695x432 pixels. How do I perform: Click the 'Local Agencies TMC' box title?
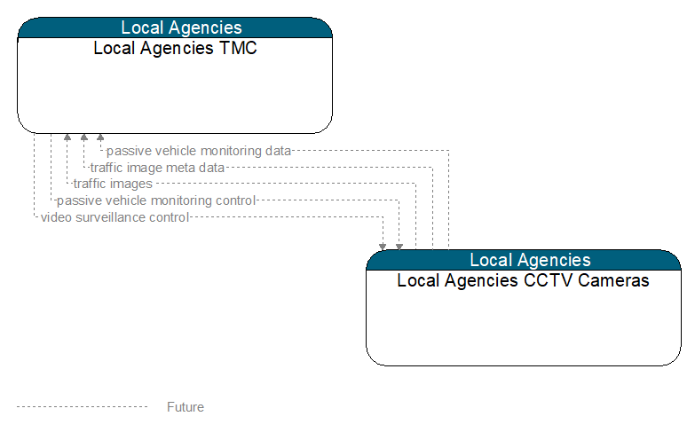click(175, 48)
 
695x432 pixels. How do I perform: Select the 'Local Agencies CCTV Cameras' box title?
click(523, 280)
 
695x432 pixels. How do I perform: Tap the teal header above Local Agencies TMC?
click(175, 27)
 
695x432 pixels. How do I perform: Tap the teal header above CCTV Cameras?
click(524, 260)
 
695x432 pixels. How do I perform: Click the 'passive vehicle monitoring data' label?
click(199, 151)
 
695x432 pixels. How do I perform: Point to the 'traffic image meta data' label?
click(157, 168)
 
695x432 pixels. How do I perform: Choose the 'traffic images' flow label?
click(113, 184)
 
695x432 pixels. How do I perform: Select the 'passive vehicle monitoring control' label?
click(156, 200)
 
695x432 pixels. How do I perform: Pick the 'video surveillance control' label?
click(115, 217)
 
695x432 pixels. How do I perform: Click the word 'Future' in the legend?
click(186, 407)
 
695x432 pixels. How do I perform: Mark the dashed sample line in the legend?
click(82, 407)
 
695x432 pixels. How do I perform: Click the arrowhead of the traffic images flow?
click(67, 137)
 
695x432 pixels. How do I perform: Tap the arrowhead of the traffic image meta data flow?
click(84, 137)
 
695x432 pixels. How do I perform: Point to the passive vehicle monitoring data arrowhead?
click(100, 137)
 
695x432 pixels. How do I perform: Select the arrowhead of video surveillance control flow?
click(383, 247)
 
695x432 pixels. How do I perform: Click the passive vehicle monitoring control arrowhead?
click(399, 247)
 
